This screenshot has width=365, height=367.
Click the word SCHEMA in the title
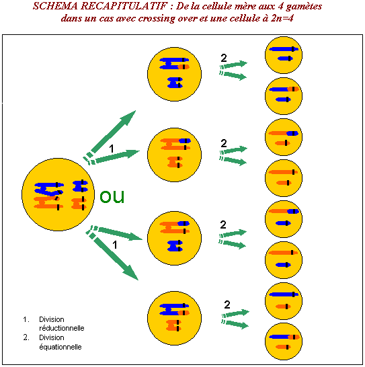tap(55, 6)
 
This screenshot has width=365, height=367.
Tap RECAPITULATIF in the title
tap(124, 6)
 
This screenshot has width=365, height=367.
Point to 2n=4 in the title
tap(282, 18)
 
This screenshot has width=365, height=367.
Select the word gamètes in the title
tap(304, 7)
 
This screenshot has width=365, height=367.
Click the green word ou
tap(112, 196)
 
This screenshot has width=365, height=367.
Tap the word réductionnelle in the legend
tap(62, 328)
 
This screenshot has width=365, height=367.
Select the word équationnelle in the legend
tap(60, 347)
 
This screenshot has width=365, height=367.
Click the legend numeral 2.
tap(26, 337)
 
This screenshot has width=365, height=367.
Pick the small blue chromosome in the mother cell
tap(80, 186)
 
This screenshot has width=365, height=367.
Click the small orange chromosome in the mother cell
tap(79, 204)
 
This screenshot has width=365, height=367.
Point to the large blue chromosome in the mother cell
tap(49, 189)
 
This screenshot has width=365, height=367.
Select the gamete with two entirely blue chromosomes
tap(284, 55)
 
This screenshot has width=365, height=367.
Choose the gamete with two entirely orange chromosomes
tap(284, 178)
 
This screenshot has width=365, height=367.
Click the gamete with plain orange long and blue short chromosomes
tap(284, 260)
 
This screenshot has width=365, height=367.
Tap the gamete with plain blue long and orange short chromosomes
tap(284, 301)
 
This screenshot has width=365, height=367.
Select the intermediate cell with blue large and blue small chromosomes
tap(174, 74)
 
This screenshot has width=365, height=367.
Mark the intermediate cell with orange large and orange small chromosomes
tap(174, 155)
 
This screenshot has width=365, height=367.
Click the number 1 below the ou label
tap(114, 245)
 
